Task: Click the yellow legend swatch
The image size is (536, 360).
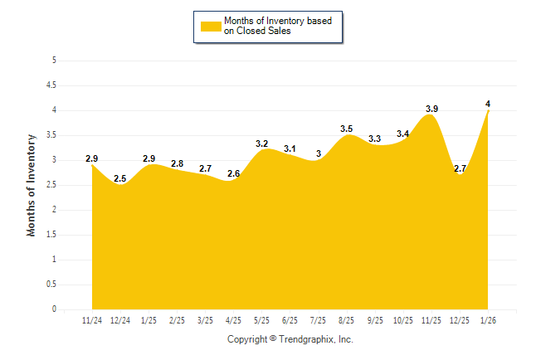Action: click(x=211, y=27)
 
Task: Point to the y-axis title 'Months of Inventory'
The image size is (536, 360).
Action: click(x=32, y=184)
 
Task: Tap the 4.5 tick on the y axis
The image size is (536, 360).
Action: click(x=51, y=85)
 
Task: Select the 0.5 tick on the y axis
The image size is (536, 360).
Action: click(x=51, y=285)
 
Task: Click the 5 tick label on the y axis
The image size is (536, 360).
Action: click(x=54, y=61)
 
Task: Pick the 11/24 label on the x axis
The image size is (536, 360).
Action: click(x=91, y=319)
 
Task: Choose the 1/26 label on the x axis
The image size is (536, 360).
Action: click(x=488, y=319)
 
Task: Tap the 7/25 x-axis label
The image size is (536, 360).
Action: click(x=318, y=319)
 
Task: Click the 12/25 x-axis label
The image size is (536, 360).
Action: click(x=460, y=319)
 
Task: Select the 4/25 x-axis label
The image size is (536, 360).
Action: click(x=233, y=319)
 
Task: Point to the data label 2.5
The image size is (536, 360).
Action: click(x=120, y=178)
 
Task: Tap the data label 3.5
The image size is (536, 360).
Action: click(x=347, y=129)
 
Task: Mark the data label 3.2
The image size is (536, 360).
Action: click(x=261, y=144)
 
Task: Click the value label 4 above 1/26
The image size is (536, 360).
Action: click(x=488, y=104)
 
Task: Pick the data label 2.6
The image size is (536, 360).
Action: click(x=233, y=173)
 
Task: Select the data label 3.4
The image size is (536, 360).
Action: click(x=403, y=134)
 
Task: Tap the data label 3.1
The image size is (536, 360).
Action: click(x=290, y=148)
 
